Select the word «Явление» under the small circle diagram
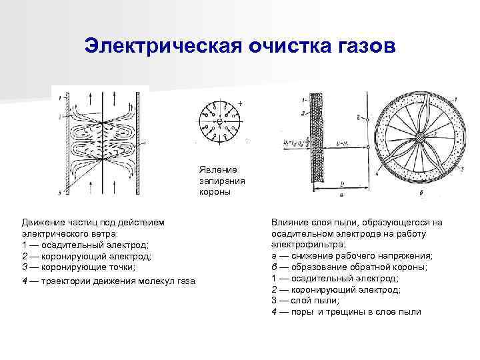213,169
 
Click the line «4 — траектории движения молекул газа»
108,281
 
